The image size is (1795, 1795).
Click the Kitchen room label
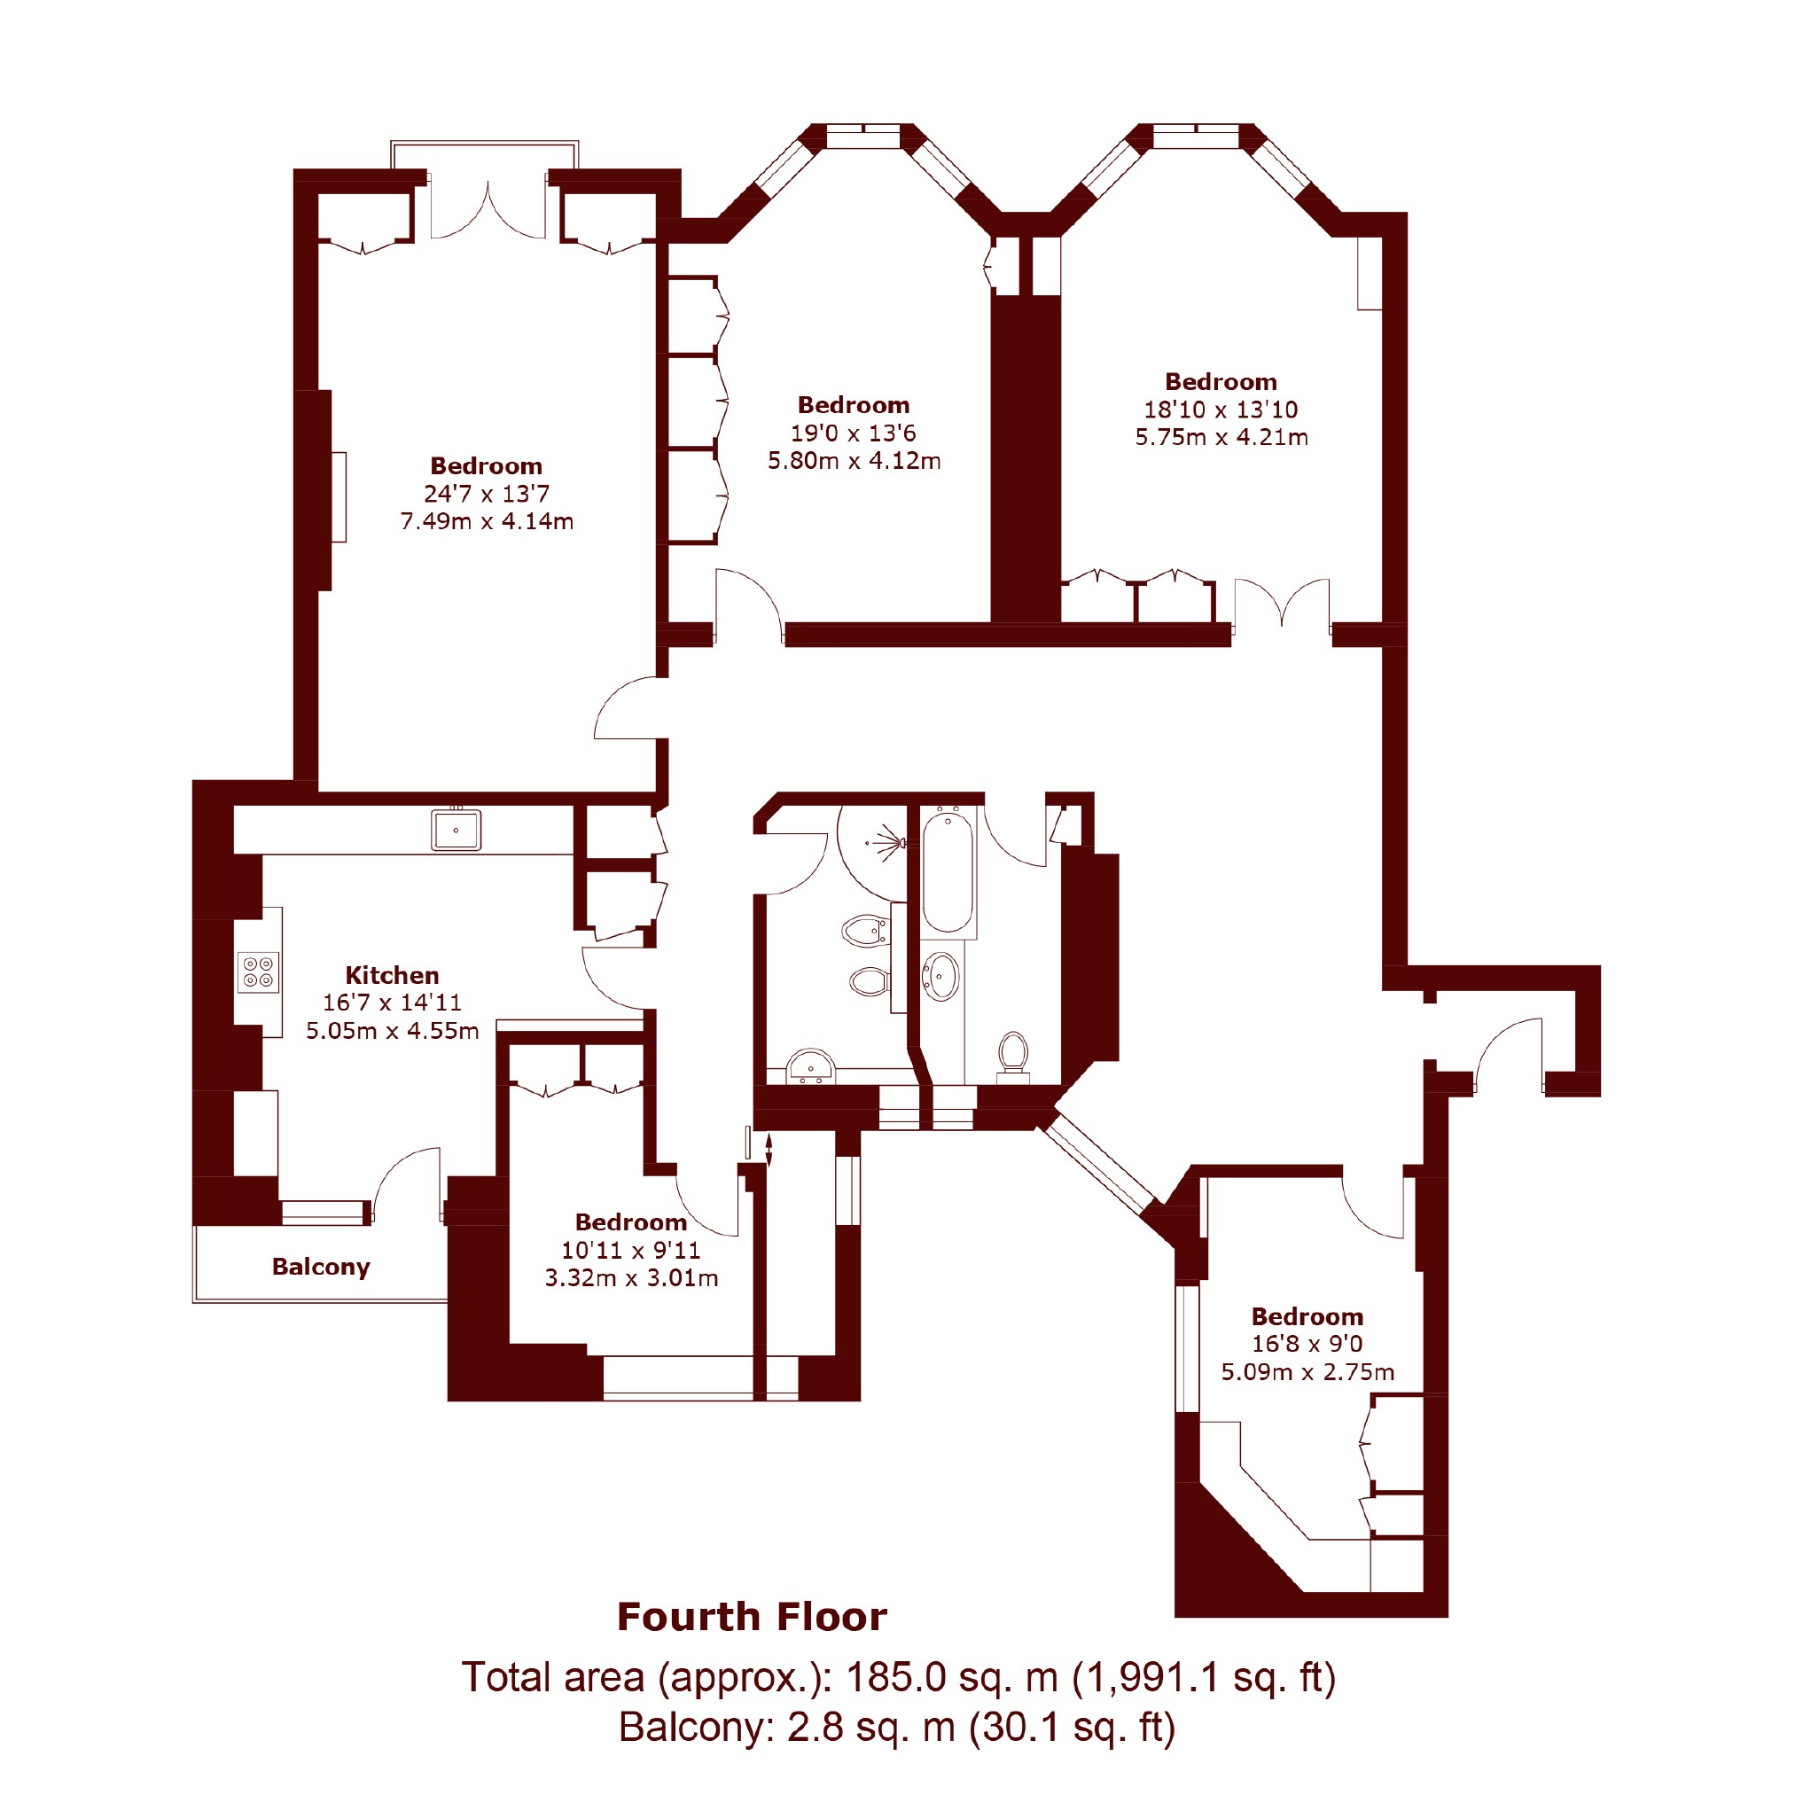coord(392,976)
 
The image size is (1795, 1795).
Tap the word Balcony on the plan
coord(321,1268)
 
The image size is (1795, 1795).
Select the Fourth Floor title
coord(752,1618)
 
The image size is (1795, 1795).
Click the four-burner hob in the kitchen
coord(258,972)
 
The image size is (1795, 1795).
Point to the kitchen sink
coord(457,830)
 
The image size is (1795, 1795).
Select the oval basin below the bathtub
coord(941,977)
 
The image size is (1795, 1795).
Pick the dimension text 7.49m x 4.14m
coord(487,521)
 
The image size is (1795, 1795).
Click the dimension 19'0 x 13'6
coord(854,433)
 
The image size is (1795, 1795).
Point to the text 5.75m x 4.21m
coord(1221,437)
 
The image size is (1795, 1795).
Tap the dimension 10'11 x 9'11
coord(631,1251)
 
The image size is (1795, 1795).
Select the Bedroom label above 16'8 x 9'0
coord(1307,1316)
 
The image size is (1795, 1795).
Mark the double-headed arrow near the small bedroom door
coord(769,1148)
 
